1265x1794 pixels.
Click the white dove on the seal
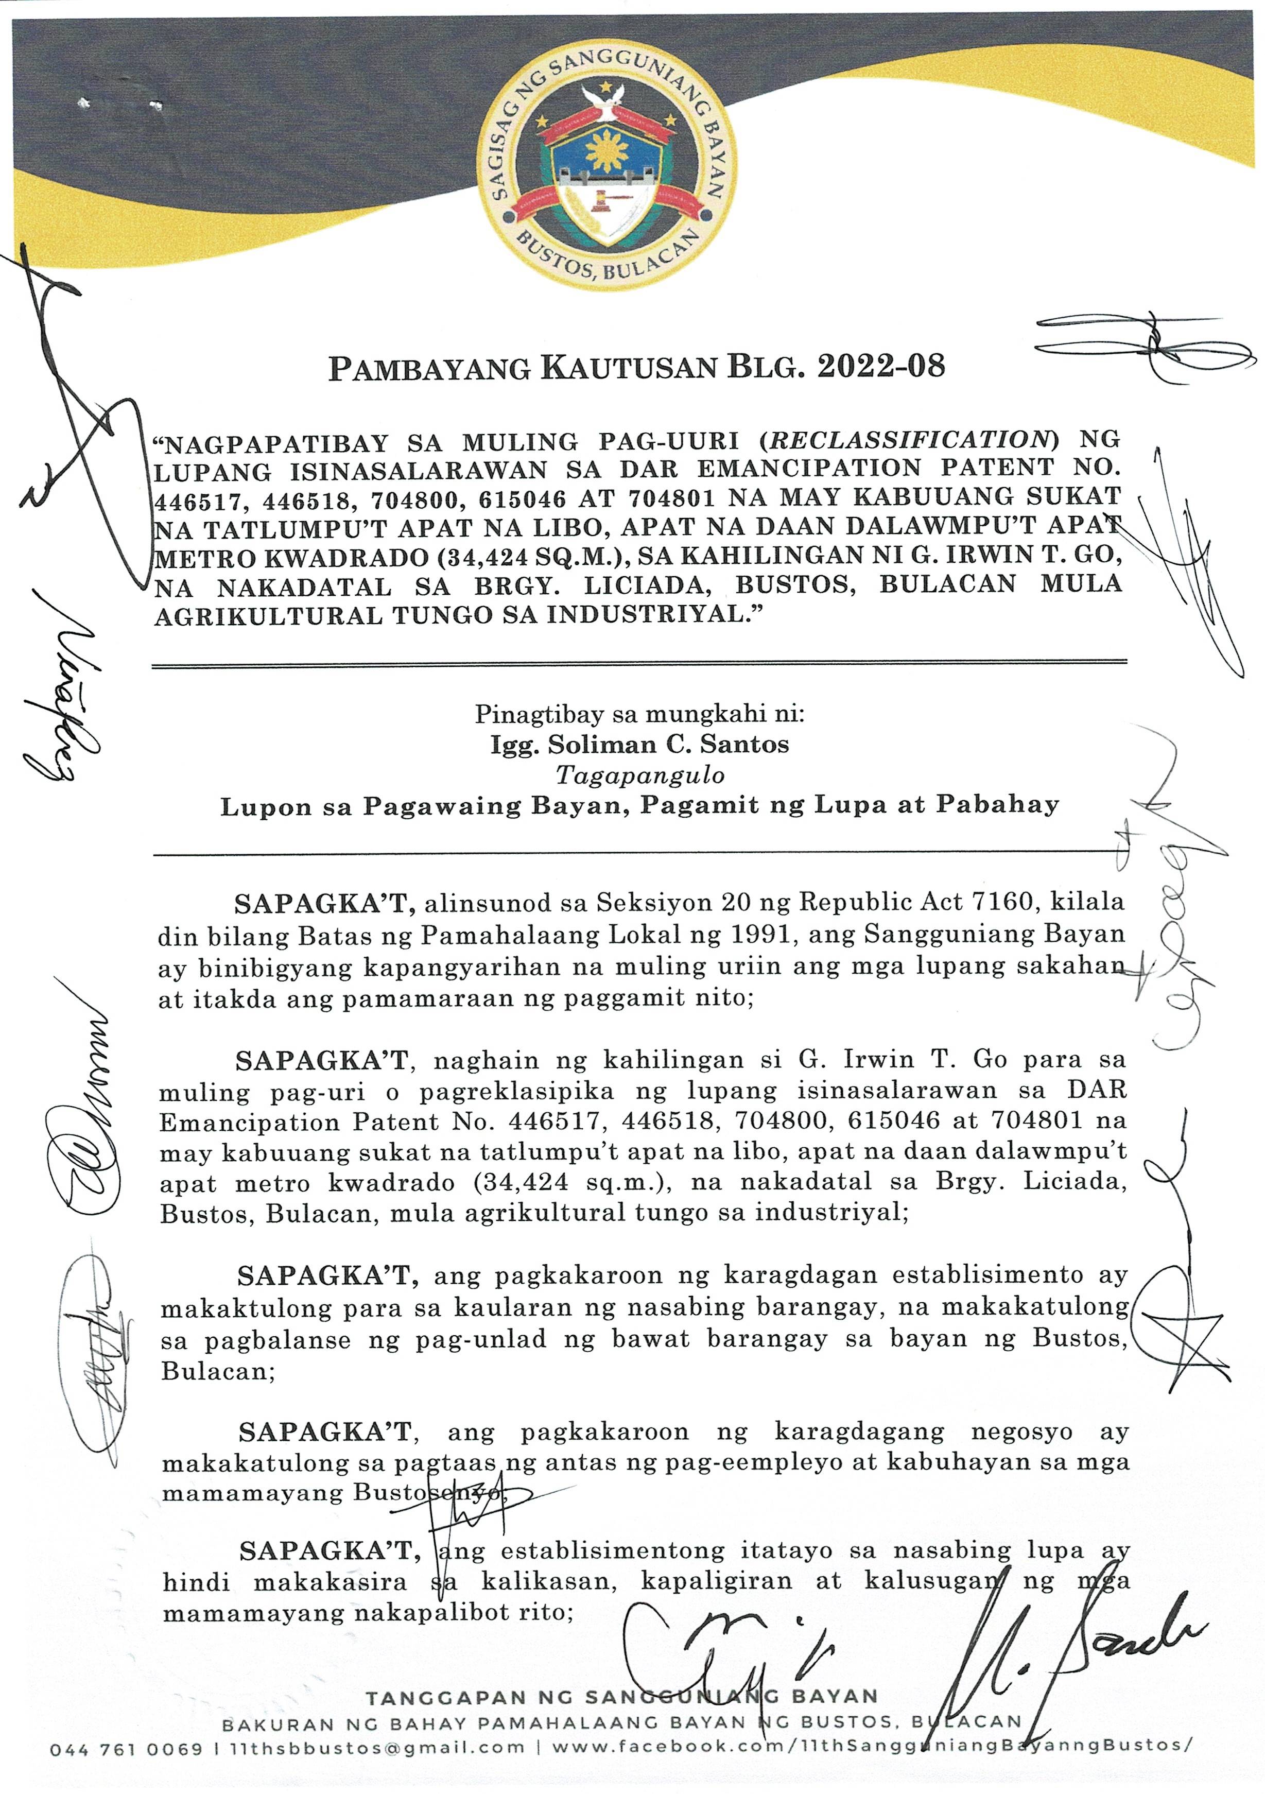[603, 99]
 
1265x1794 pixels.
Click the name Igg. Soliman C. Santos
[639, 744]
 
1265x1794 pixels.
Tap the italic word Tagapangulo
[639, 774]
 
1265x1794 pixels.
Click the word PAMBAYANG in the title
[429, 367]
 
